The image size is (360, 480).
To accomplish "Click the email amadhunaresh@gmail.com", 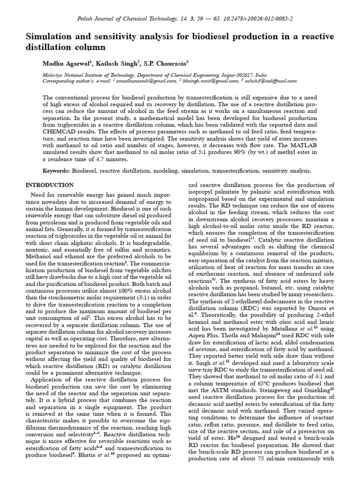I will tap(143, 81).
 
